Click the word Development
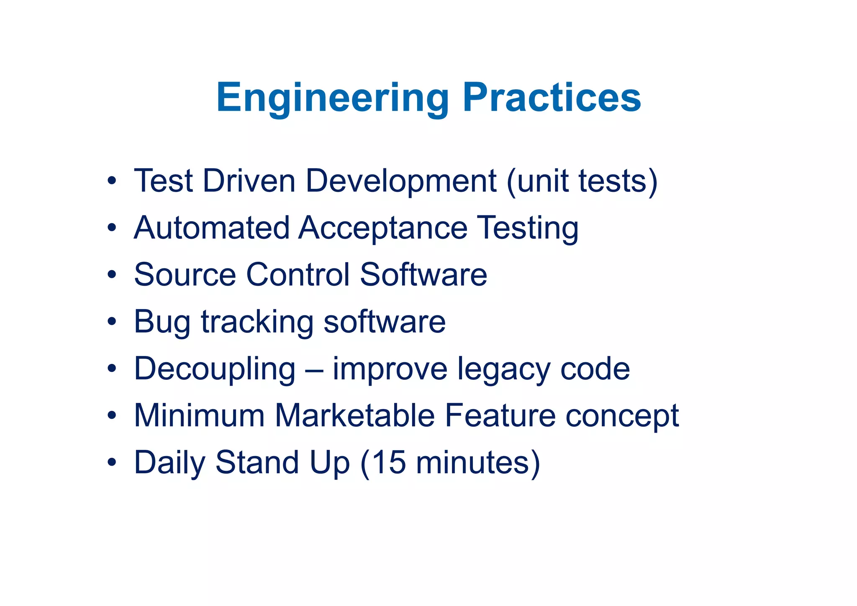coord(401,181)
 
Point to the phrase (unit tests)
coord(582,181)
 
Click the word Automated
coord(212,228)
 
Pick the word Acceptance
coord(383,229)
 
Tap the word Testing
coord(528,229)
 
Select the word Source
coord(185,275)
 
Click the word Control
coord(298,275)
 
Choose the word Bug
coord(162,322)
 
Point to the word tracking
coord(257,322)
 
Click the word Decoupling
coord(215,369)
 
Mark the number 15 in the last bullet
coord(389,463)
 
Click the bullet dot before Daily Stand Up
coord(111,463)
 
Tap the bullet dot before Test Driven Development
coord(111,181)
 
